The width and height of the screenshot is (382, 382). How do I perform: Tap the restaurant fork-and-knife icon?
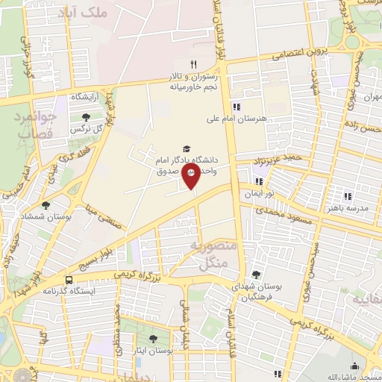[x=193, y=64]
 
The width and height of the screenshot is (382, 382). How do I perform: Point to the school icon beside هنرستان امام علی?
[x=237, y=106]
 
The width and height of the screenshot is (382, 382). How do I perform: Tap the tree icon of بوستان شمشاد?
[x=46, y=205]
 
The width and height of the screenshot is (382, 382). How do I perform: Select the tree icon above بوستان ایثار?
[x=154, y=339]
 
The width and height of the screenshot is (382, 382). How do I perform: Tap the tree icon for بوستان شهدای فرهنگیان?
[x=257, y=276]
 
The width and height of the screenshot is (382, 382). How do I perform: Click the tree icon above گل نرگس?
[x=88, y=117]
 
